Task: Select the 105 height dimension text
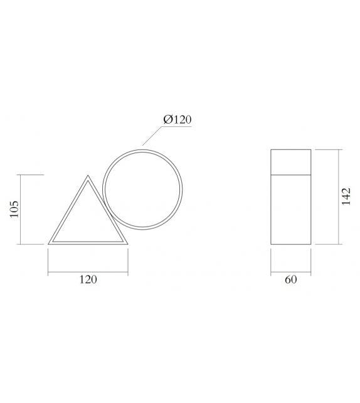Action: [14, 209]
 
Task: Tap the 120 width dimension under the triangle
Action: [88, 280]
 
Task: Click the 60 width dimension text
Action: [290, 280]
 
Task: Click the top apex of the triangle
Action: [88, 175]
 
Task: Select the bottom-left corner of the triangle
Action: [48, 244]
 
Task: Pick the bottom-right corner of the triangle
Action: [127, 244]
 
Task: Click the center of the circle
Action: [144, 189]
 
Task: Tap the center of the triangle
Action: [88, 220]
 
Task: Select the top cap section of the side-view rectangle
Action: [290, 160]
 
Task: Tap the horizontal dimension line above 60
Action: [290, 272]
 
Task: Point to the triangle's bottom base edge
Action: [88, 243]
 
